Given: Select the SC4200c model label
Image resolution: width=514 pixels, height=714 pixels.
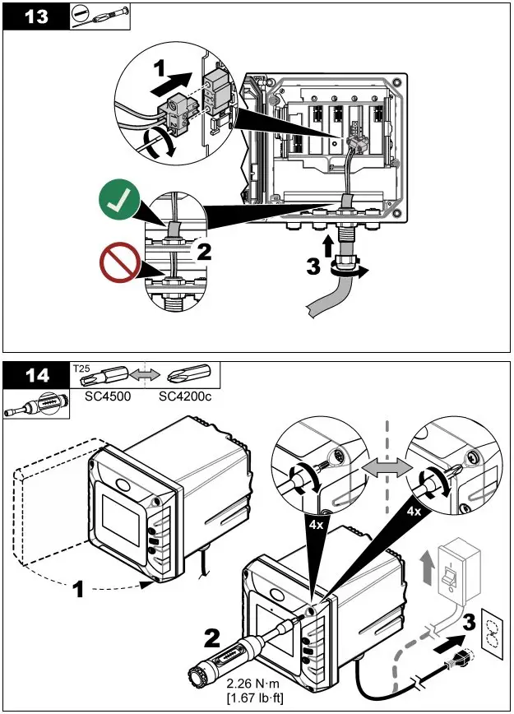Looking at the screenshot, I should coord(185,396).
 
